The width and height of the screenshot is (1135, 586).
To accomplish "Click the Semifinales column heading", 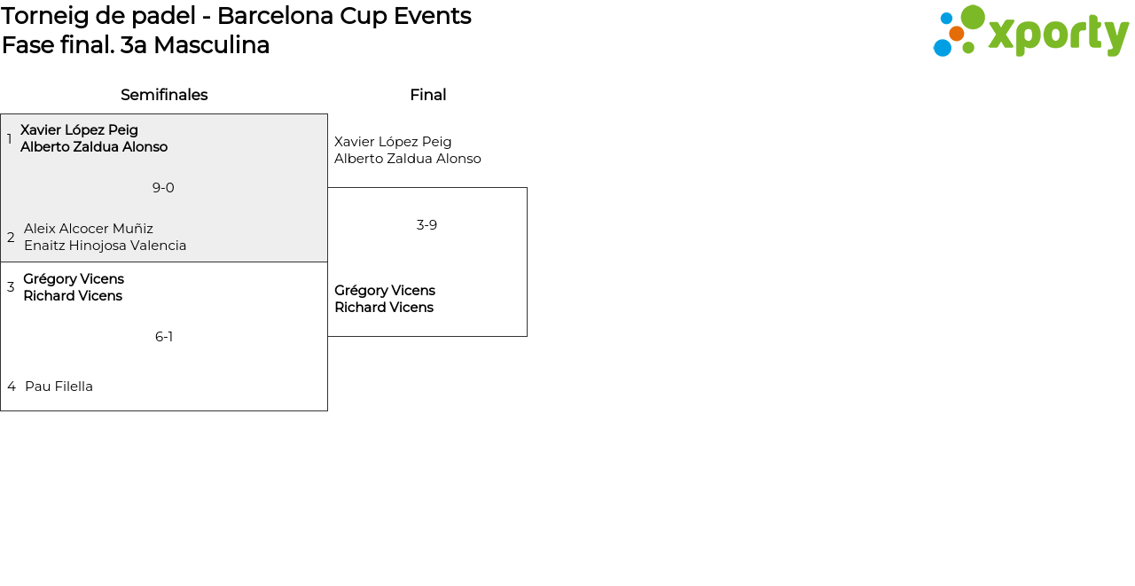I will (x=164, y=95).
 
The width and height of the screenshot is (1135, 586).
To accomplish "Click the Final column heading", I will (x=427, y=95).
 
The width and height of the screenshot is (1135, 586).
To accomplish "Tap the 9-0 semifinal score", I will (x=163, y=188).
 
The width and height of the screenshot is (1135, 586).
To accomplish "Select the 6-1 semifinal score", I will (x=164, y=337).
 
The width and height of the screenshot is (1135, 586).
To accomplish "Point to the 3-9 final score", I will (x=427, y=225).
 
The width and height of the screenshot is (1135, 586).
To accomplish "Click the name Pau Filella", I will (x=59, y=387).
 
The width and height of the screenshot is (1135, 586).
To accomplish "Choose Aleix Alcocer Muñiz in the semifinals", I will (x=89, y=229).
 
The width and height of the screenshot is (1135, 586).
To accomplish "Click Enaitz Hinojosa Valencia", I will (x=105, y=246).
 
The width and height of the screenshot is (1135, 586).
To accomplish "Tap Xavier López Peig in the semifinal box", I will (x=79, y=130).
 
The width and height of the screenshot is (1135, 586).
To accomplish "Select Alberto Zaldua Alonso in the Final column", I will (x=407, y=159).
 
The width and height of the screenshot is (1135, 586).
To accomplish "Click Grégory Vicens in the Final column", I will (x=384, y=291).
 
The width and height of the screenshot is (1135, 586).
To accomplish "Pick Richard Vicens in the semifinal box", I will (x=73, y=296).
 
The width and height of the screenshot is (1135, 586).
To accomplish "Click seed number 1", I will (x=9, y=139).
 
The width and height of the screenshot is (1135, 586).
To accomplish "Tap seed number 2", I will (x=11, y=238).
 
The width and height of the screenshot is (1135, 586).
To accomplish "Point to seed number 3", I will (x=11, y=287).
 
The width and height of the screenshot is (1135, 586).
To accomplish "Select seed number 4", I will (x=12, y=387).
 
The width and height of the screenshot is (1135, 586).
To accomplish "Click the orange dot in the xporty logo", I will (x=956, y=34).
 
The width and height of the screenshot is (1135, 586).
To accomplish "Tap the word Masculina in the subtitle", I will (x=211, y=45).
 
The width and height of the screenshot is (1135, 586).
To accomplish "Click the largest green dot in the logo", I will (x=973, y=17).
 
